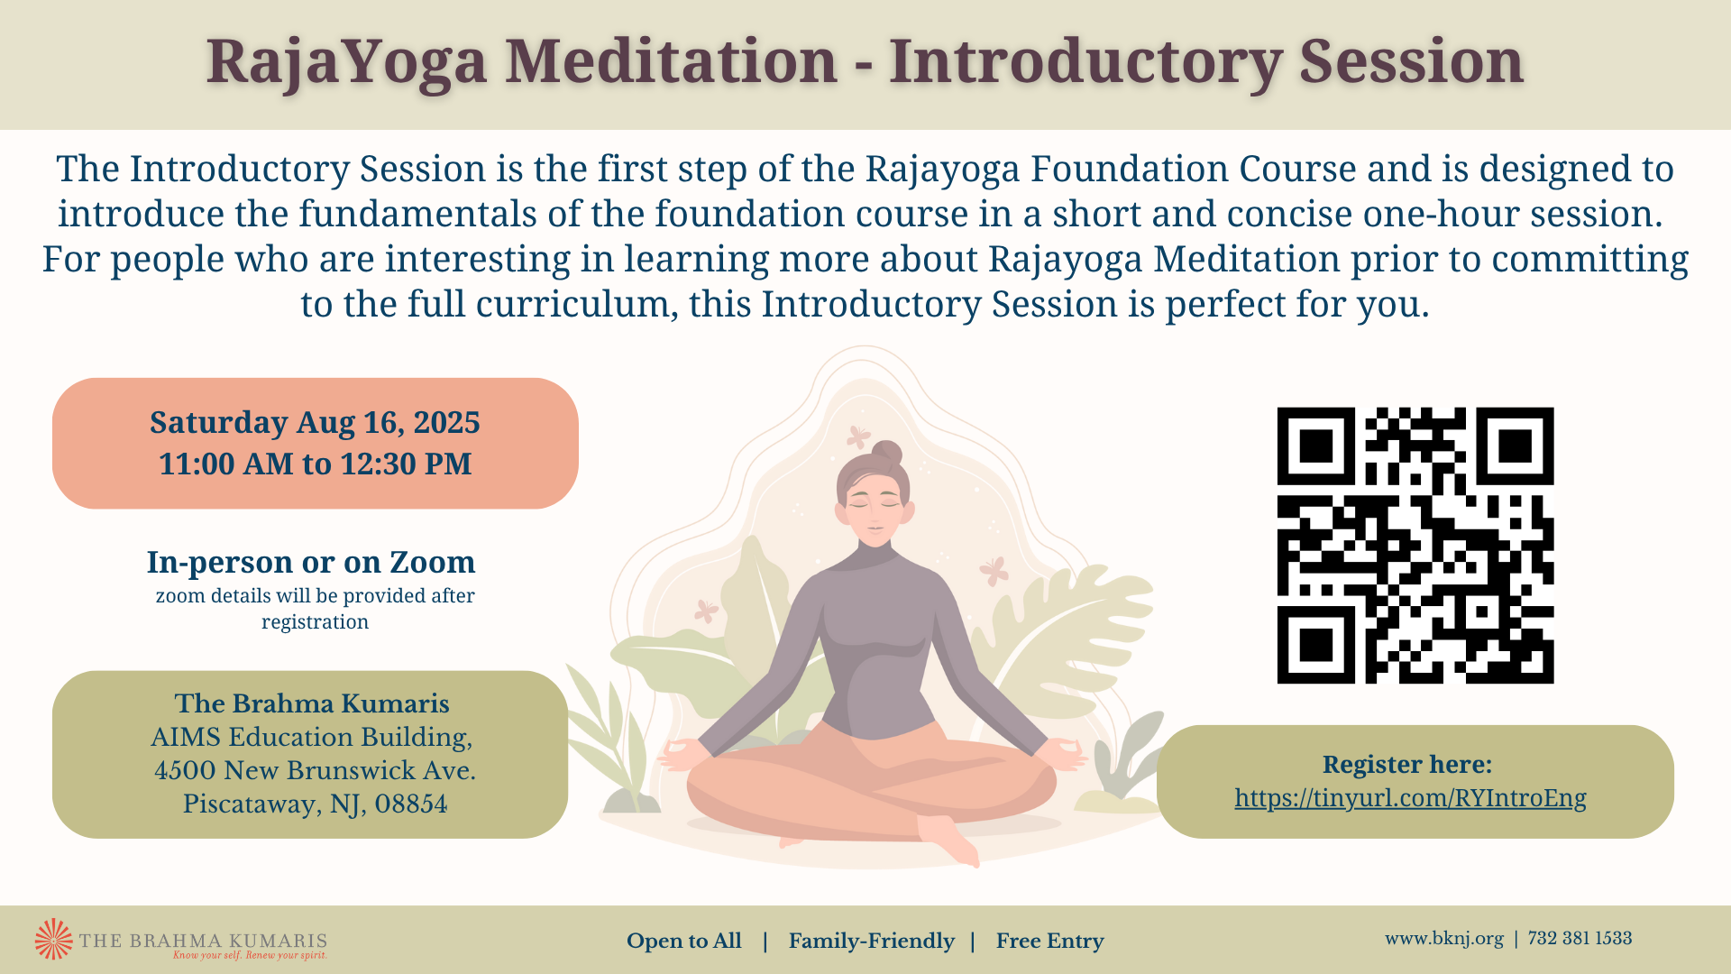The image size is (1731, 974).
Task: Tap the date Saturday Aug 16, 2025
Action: click(x=315, y=422)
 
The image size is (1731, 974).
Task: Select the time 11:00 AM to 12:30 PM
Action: click(x=315, y=464)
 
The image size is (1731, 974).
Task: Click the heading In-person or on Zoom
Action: click(x=311, y=562)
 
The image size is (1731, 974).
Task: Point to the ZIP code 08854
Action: click(x=411, y=804)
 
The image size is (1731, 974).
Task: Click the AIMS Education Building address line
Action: click(x=311, y=737)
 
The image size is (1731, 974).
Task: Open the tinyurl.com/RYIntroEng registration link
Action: click(x=1410, y=798)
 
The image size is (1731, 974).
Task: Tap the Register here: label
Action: click(x=1407, y=765)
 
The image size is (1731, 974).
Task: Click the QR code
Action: click(x=1415, y=546)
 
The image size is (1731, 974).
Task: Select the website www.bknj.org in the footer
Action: click(x=1444, y=939)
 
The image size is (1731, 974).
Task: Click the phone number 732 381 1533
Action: click(x=1580, y=939)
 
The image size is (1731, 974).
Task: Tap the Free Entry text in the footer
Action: click(x=1049, y=942)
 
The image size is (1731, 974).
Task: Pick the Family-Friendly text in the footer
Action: click(x=871, y=942)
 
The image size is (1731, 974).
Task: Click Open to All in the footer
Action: click(x=684, y=942)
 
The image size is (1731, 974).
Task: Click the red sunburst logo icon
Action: click(x=53, y=939)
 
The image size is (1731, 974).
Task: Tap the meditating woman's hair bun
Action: click(x=887, y=453)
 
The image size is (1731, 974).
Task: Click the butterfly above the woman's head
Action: click(x=858, y=437)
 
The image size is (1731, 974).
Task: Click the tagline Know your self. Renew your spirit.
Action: click(x=250, y=955)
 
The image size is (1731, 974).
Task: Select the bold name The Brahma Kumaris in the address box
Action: click(x=312, y=703)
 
